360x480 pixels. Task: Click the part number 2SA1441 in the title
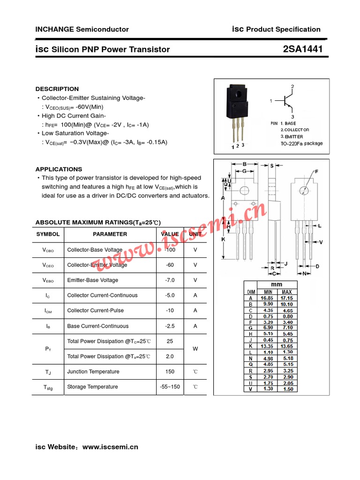303,49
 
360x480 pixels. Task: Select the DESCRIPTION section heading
57,89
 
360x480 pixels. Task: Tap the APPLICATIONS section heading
59,169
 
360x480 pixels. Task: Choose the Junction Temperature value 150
170,372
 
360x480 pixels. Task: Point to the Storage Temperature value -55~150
170,387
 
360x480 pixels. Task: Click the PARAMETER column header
110,234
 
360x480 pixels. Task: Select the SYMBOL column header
48,234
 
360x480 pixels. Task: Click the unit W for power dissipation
195,349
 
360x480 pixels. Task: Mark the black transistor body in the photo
238,102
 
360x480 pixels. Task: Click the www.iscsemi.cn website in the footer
110,447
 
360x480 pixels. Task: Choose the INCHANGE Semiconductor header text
82,29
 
